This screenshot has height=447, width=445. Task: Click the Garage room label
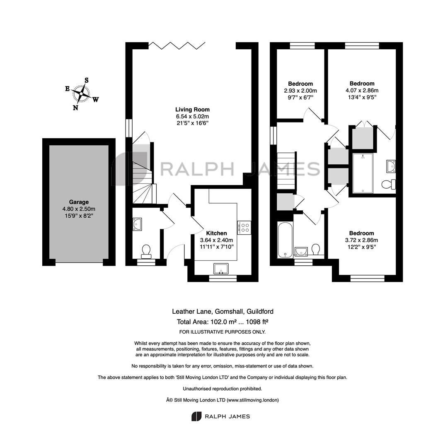click(x=79, y=202)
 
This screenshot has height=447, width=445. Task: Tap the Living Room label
click(x=192, y=109)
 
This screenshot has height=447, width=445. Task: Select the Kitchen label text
click(x=216, y=233)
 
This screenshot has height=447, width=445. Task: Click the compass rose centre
click(x=81, y=94)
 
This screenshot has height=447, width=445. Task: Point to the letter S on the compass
click(x=87, y=80)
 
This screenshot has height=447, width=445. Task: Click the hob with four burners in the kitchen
click(x=244, y=228)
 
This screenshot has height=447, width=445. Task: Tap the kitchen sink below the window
click(x=221, y=269)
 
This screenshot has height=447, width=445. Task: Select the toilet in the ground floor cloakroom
click(x=146, y=251)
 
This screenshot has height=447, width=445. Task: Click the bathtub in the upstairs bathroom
click(x=285, y=240)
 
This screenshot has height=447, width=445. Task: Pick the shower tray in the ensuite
click(x=363, y=173)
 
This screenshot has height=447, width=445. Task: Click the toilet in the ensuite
click(x=389, y=184)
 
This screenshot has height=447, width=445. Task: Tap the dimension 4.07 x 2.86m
click(x=362, y=90)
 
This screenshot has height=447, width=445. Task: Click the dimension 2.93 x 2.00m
click(x=300, y=91)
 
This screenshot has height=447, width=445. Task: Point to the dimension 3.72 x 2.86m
click(x=361, y=240)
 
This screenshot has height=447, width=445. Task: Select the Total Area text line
click(x=222, y=322)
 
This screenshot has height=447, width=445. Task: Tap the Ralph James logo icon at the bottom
click(x=196, y=416)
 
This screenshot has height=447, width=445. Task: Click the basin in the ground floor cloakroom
click(x=137, y=224)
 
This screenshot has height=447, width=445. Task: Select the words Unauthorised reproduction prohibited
click(x=222, y=389)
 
